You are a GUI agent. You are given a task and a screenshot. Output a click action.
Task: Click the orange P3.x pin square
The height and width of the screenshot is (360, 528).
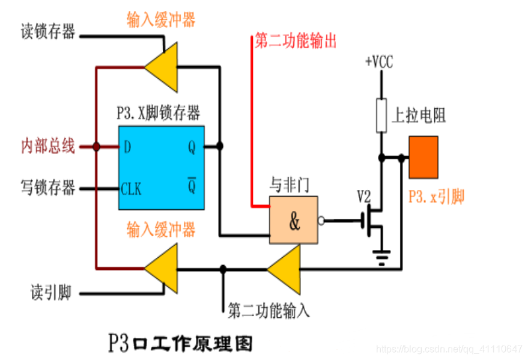tap(423, 157)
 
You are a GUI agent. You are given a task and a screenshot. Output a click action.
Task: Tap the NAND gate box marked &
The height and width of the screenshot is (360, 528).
tap(294, 221)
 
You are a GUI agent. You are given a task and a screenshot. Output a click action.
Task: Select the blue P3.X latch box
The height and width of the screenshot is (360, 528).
tap(161, 168)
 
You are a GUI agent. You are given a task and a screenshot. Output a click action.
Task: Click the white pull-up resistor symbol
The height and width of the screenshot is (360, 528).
tap(381, 115)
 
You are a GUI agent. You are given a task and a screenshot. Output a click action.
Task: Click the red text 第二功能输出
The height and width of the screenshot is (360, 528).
tap(296, 41)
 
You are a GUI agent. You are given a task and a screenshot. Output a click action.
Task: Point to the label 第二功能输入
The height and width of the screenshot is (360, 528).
tap(269, 311)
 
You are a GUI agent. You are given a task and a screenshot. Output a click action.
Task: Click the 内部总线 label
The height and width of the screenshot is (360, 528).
tap(48, 146)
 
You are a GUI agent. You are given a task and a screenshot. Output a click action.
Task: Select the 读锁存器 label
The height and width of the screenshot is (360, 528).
tap(48, 32)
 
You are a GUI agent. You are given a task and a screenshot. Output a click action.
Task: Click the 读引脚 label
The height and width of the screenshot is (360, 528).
tap(51, 293)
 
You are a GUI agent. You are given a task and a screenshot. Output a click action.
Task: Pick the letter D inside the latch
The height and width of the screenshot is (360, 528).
tap(127, 147)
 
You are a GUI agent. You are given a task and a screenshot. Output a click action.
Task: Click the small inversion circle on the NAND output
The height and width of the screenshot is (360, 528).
tap(321, 221)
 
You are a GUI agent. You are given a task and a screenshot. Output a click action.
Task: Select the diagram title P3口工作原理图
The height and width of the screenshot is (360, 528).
tap(180, 343)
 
